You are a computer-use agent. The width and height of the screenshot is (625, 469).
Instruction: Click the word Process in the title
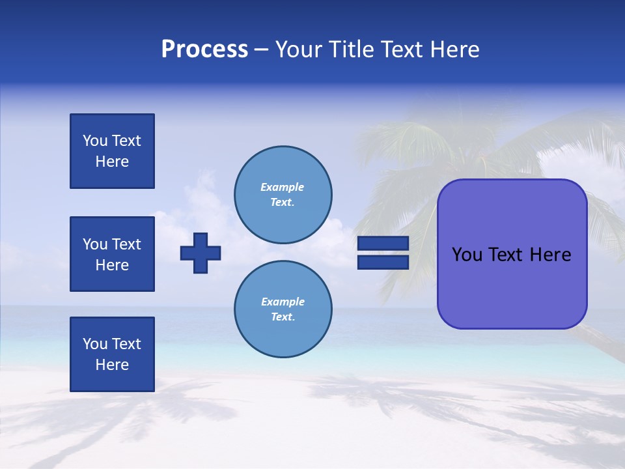[204, 50]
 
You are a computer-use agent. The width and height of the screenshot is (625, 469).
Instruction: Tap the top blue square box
[112, 151]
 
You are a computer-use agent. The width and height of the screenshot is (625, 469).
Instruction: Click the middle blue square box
[112, 254]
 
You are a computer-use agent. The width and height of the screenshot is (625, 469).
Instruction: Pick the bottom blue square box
[112, 354]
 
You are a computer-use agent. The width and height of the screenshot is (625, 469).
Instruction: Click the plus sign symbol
[201, 253]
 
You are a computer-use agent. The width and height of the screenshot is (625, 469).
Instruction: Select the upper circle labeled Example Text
[283, 194]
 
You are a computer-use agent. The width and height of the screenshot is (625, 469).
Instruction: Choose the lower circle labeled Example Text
[283, 309]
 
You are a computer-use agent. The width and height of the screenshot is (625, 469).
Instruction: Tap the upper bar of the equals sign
[383, 243]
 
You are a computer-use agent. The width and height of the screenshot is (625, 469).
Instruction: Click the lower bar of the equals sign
[383, 262]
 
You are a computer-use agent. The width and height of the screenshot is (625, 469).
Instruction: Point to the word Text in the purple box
[507, 255]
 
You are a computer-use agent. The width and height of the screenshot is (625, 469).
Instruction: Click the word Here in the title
[454, 50]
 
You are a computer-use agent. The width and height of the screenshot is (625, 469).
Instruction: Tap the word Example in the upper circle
[282, 187]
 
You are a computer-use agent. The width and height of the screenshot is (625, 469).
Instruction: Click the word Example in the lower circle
[283, 302]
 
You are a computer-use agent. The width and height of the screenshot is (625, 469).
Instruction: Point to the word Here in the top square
[112, 162]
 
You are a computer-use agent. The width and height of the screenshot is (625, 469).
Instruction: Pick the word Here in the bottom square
[112, 365]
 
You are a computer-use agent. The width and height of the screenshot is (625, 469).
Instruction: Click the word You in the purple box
[467, 255]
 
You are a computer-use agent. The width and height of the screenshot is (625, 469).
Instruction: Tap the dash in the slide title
[262, 50]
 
